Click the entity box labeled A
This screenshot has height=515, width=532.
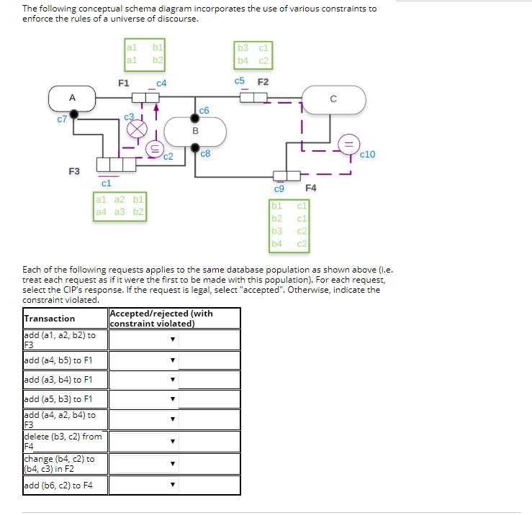[x=72, y=99]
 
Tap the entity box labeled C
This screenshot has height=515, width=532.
[x=333, y=99]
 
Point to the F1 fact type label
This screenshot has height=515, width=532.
[x=123, y=83]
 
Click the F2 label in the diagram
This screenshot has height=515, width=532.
[x=263, y=81]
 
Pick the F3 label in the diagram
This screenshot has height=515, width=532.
[x=74, y=171]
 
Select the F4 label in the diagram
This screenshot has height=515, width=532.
[x=311, y=188]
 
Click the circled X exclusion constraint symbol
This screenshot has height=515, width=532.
[x=137, y=129]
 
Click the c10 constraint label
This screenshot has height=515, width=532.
[x=366, y=155]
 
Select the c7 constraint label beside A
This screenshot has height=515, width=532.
[x=62, y=119]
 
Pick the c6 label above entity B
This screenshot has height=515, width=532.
[x=204, y=110]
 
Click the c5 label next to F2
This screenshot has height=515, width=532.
[x=240, y=81]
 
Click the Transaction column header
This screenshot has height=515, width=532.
[x=50, y=319]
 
